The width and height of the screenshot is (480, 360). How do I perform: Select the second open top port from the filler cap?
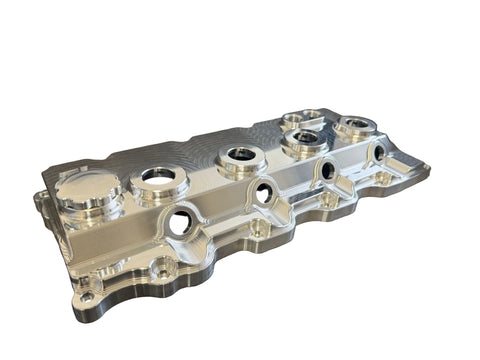coord(239,154)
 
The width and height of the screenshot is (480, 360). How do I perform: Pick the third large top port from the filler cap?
coord(304,138)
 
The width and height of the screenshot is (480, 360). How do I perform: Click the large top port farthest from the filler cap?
coord(356,126)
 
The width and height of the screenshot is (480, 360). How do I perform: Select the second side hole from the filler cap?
coord(263,193)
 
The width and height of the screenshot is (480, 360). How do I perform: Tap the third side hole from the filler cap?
coord(328,171)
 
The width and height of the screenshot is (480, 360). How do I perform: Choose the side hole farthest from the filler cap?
coord(379,153)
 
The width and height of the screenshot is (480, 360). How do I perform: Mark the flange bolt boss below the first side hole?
coord(159,268)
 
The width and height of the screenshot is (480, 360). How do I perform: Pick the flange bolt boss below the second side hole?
coord(258,229)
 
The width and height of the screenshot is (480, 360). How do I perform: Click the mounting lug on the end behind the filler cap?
coord(41,205)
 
